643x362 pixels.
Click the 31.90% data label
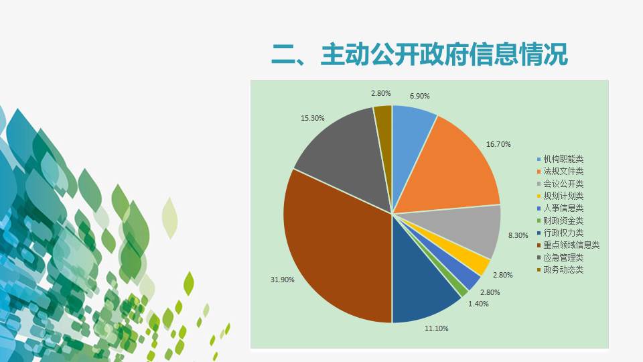click(282, 280)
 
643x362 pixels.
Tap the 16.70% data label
click(498, 144)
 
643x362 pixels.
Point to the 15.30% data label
click(313, 118)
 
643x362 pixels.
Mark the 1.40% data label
click(478, 304)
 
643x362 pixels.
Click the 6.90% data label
click(419, 96)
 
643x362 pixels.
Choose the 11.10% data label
click(436, 328)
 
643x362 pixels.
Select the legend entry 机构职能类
click(560, 160)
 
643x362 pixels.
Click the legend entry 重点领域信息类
click(569, 245)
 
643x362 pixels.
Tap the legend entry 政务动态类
click(560, 269)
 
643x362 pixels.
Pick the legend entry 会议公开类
click(560, 184)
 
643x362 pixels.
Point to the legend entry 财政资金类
click(560, 221)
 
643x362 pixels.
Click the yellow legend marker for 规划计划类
click(539, 196)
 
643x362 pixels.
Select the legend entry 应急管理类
click(560, 257)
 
